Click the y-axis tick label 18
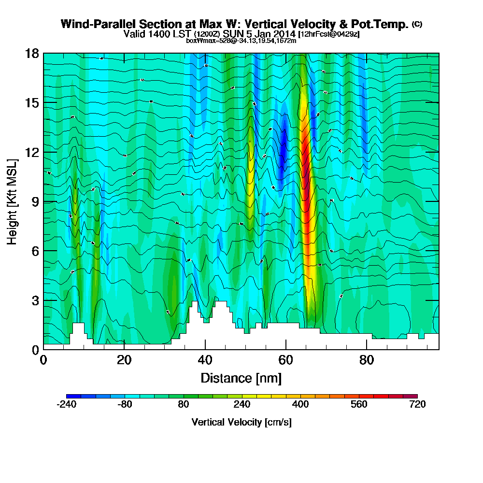[33, 54]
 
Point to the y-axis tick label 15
[33, 103]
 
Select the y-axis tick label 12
[33, 152]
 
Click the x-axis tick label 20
[124, 360]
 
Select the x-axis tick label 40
[205, 360]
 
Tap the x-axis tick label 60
[286, 360]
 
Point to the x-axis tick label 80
[367, 360]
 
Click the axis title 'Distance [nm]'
[241, 378]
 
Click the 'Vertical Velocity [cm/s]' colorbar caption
[241, 422]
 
